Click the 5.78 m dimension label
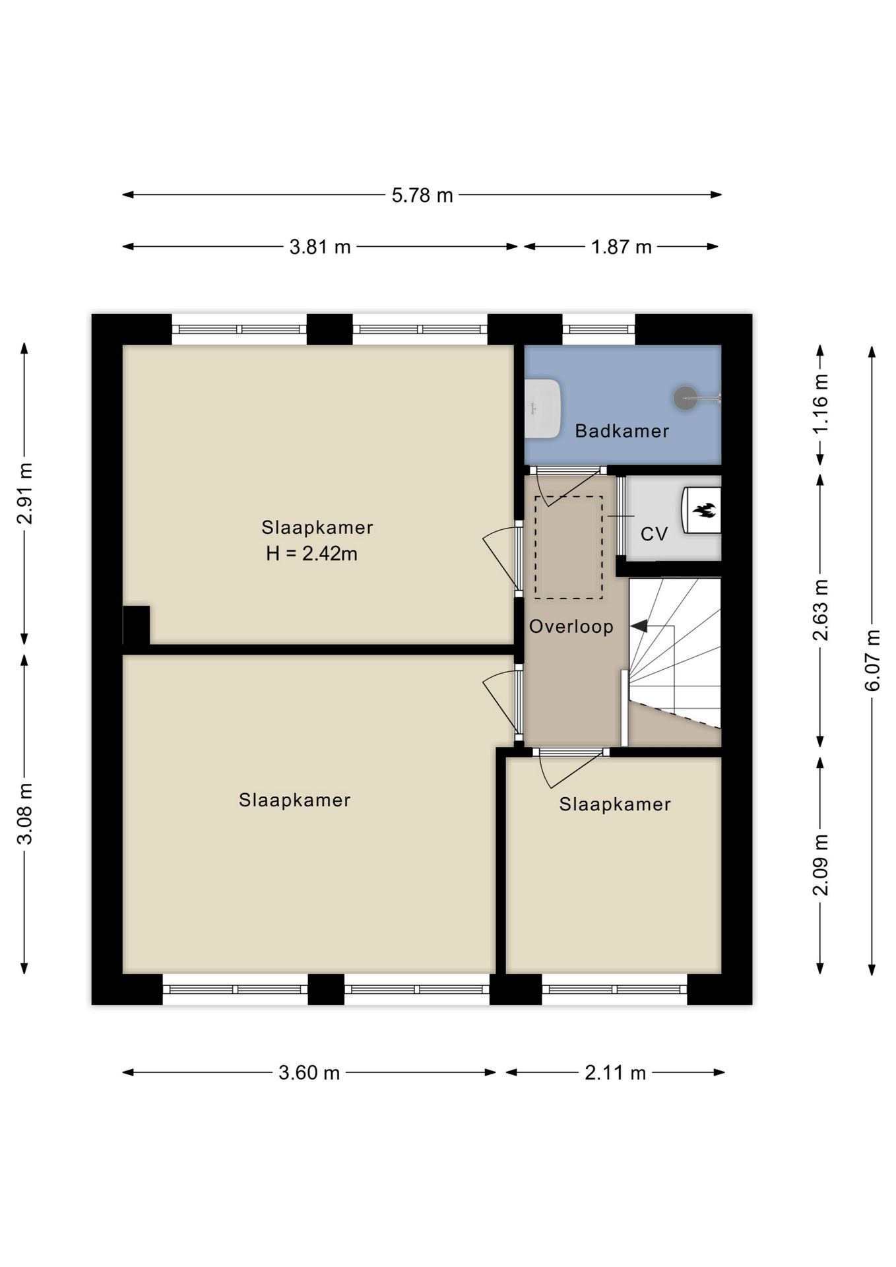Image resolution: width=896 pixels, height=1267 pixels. tap(422, 195)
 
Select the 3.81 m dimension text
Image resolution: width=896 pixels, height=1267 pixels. tap(320, 247)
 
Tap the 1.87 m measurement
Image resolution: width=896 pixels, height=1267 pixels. tap(621, 247)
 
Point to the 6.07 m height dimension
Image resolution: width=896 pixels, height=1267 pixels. tap(872, 660)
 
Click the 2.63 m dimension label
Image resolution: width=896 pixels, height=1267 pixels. tap(820, 610)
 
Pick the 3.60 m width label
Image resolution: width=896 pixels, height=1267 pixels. tap(309, 1072)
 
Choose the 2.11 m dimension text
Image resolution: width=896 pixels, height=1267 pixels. tap(615, 1072)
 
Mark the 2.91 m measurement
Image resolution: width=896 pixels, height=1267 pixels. tap(24, 493)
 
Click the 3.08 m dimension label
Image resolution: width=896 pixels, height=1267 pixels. tap(24, 814)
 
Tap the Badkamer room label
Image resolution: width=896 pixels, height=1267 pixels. tap(622, 431)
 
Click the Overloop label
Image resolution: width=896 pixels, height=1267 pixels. tap(571, 626)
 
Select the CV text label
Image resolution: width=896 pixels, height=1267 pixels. tap(654, 534)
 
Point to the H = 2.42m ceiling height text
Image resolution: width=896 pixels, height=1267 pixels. tap(312, 554)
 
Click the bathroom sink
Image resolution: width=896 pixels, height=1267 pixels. tap(543, 408)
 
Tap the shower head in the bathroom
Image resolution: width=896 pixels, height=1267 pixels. tap(684, 397)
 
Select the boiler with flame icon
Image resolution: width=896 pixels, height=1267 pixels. tap(701, 509)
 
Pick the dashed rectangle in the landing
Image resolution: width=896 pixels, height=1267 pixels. tap(568, 548)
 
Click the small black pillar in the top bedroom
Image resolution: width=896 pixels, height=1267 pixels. tap(137, 624)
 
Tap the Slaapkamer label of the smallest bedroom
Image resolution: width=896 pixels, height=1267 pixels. tap(615, 804)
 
